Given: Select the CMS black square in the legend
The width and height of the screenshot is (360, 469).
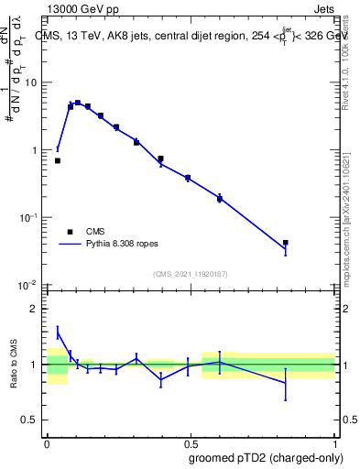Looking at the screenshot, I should (70, 232).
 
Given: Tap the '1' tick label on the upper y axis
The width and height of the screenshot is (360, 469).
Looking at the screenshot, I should (36, 150).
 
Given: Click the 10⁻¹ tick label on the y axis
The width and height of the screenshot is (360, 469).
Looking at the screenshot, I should (28, 217).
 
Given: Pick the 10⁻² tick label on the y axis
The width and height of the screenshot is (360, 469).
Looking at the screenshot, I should (28, 285).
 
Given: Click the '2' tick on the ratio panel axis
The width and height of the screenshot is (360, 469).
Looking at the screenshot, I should (36, 309).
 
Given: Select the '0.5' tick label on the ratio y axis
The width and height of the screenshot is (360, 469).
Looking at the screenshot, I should (30, 420).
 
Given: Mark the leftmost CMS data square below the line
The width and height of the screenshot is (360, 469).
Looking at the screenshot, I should (58, 160).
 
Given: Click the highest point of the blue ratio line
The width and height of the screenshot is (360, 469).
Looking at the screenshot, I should (58, 332).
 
